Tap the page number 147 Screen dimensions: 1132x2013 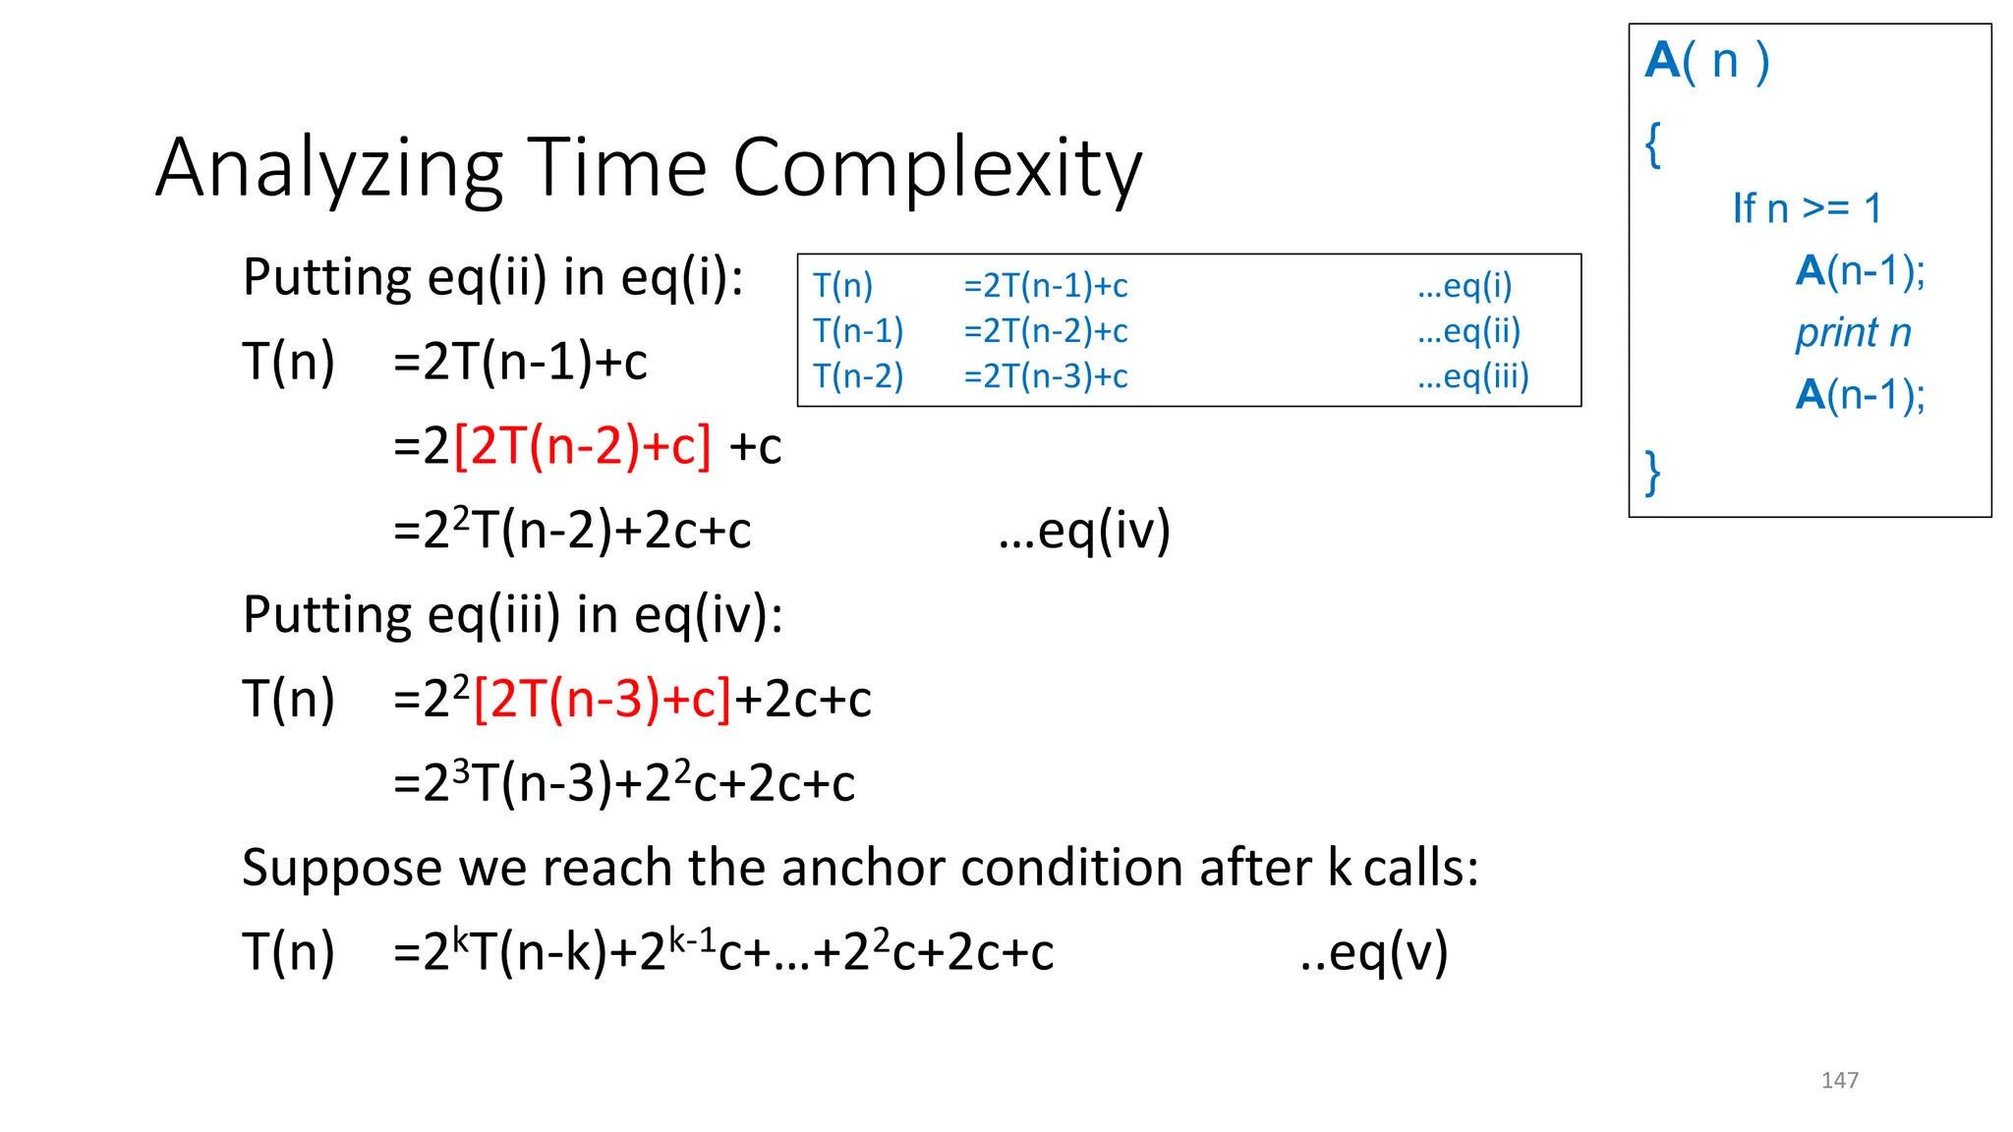pyautogui.click(x=1839, y=1080)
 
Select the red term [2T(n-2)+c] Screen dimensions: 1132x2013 pyautogui.click(x=582, y=446)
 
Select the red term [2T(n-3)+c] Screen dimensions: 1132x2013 pyautogui.click(x=603, y=700)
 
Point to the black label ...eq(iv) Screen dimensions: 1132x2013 pyautogui.click(x=1084, y=531)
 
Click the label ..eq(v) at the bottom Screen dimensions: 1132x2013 pyautogui.click(x=1373, y=952)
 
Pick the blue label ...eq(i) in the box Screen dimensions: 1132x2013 pyautogui.click(x=1465, y=286)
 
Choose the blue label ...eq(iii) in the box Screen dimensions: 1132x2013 pyautogui.click(x=1472, y=376)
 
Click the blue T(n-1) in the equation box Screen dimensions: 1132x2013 pyautogui.click(x=858, y=331)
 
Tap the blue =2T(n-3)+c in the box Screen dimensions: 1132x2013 pyautogui.click(x=1046, y=376)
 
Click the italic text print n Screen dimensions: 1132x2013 pyautogui.click(x=1853, y=333)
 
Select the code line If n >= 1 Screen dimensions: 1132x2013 pyautogui.click(x=1807, y=208)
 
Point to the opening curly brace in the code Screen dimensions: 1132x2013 pyautogui.click(x=1654, y=145)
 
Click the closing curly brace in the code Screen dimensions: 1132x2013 pyautogui.click(x=1654, y=473)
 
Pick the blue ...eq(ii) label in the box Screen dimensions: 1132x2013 pyautogui.click(x=1468, y=331)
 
